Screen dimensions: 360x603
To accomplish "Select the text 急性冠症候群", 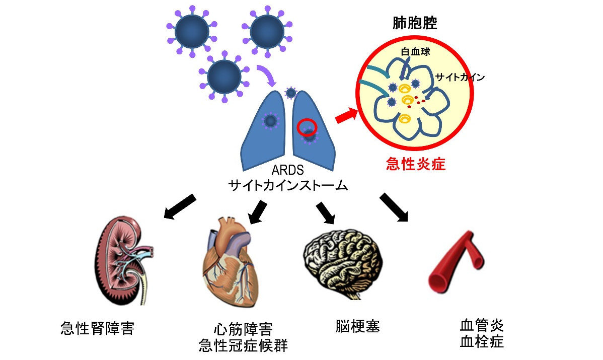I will coord(244,346).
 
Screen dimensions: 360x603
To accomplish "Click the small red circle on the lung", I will coord(307,127).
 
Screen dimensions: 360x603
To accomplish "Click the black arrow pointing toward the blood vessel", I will coord(393,206).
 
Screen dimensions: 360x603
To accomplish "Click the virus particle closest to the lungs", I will coord(290,93).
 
